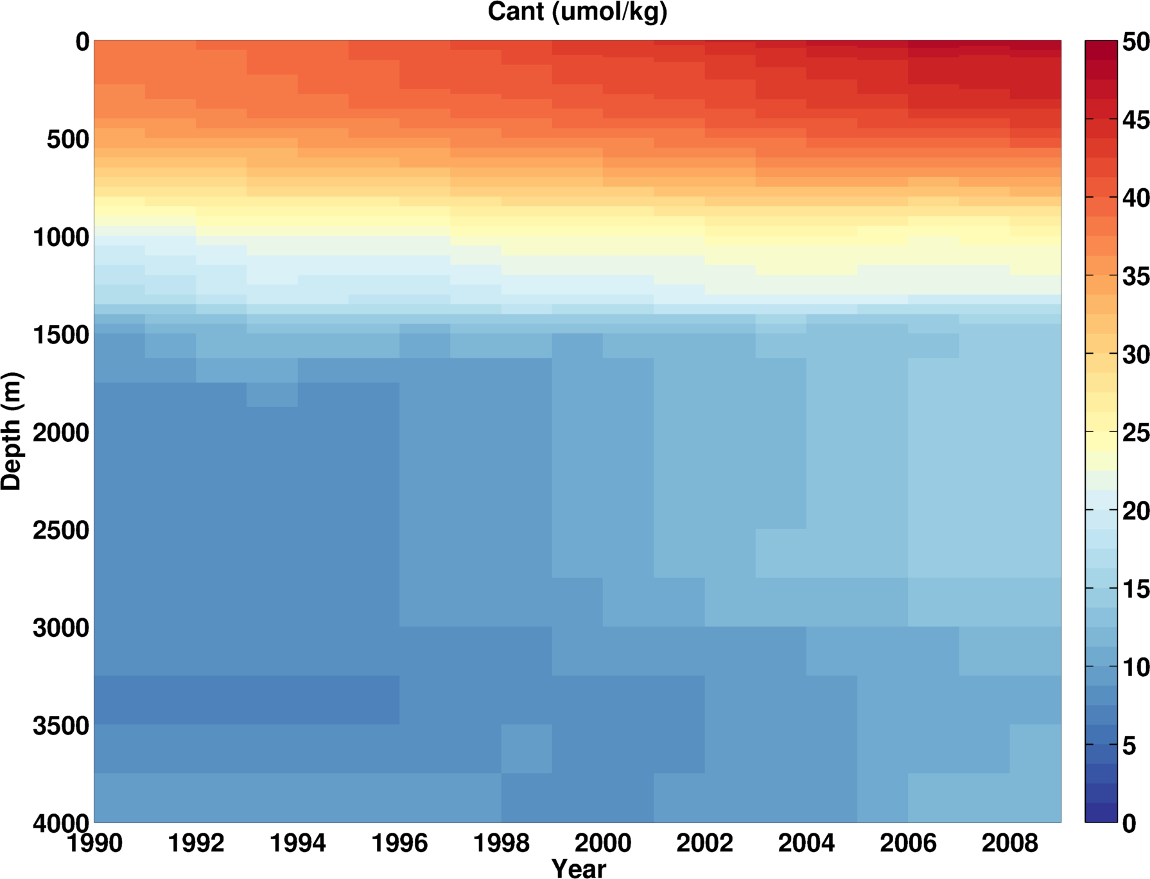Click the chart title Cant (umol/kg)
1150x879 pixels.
(577, 12)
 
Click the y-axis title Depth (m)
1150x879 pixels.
(12, 431)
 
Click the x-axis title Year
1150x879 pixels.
(579, 868)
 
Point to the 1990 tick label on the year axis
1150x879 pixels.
(94, 842)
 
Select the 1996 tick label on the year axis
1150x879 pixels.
(399, 842)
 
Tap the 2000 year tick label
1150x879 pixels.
(603, 842)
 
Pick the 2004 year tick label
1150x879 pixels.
(806, 842)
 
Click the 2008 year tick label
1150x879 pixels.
(1009, 842)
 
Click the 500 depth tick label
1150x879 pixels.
(68, 139)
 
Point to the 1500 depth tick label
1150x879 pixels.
(61, 335)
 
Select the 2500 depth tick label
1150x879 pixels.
(61, 530)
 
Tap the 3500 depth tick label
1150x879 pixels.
(61, 726)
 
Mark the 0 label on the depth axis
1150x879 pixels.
(82, 42)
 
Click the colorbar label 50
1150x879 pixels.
(1135, 42)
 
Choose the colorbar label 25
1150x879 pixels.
(1135, 433)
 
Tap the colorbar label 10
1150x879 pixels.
(1135, 668)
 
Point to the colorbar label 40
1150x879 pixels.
(1135, 198)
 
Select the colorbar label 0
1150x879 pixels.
(1129, 824)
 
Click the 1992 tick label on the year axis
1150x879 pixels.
(196, 842)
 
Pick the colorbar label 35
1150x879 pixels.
(1135, 277)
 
